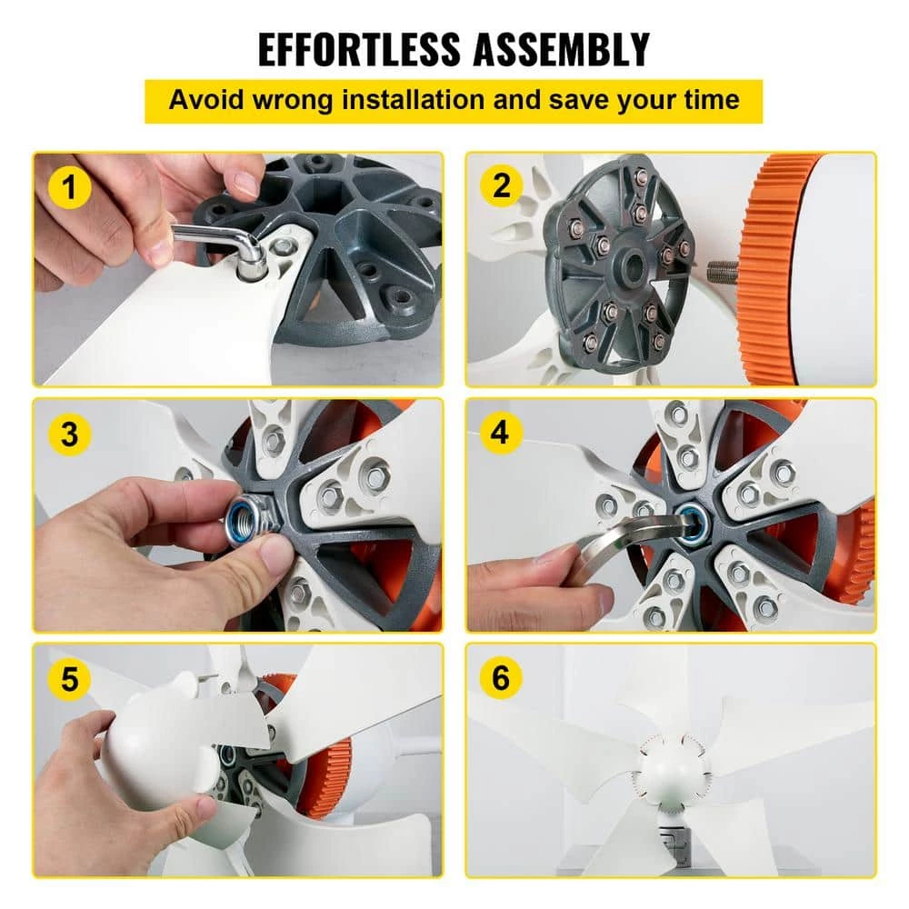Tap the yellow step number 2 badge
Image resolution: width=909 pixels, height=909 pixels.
click(x=502, y=186)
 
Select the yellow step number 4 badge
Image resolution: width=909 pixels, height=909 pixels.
click(x=502, y=433)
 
